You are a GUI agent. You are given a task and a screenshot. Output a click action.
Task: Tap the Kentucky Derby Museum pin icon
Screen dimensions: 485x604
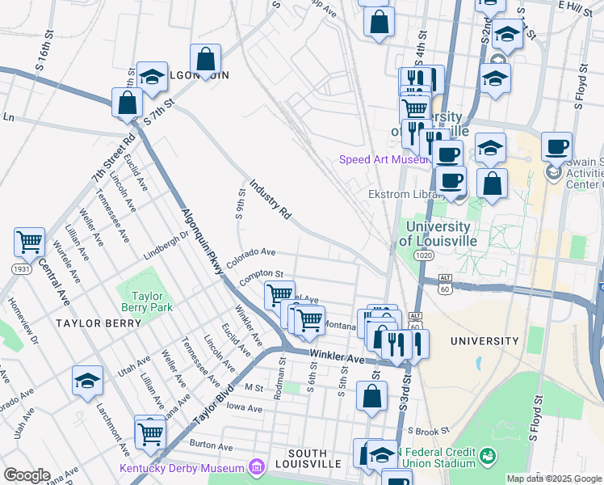[257, 467]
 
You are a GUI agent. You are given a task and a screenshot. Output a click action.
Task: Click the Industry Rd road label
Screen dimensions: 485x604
[270, 200]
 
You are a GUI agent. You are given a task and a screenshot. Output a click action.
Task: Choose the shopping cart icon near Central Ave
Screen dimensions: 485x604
[29, 242]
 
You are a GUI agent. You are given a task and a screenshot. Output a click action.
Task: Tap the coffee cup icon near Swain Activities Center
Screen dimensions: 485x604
[556, 147]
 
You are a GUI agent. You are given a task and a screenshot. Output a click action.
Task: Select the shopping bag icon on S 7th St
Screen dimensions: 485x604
[128, 103]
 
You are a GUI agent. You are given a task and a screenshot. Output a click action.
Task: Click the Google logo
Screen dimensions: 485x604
[27, 475]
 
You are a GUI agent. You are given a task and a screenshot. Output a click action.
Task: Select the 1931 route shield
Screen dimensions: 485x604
[21, 268]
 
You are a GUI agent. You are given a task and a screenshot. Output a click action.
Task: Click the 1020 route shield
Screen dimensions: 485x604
[425, 255]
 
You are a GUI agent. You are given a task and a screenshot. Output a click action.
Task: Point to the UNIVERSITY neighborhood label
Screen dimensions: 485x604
[484, 341]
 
